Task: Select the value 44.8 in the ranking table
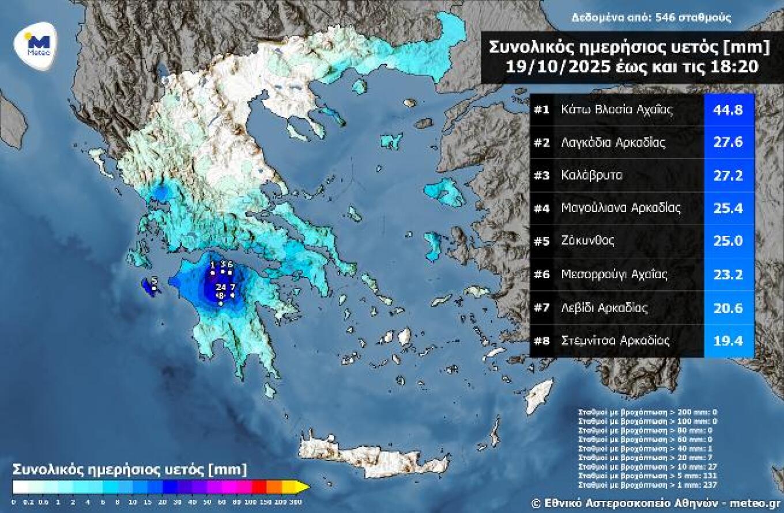click(729, 109)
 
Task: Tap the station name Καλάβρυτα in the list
click(591, 176)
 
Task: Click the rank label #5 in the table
click(541, 241)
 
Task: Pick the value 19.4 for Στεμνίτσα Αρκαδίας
click(729, 341)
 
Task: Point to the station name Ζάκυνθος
click(587, 241)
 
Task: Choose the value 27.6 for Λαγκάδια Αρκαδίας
click(729, 143)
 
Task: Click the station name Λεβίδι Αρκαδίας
click(604, 308)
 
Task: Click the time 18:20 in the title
click(738, 66)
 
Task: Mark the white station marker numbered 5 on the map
click(154, 288)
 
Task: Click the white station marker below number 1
click(213, 272)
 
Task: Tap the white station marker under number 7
click(232, 295)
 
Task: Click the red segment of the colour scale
click(259, 487)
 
